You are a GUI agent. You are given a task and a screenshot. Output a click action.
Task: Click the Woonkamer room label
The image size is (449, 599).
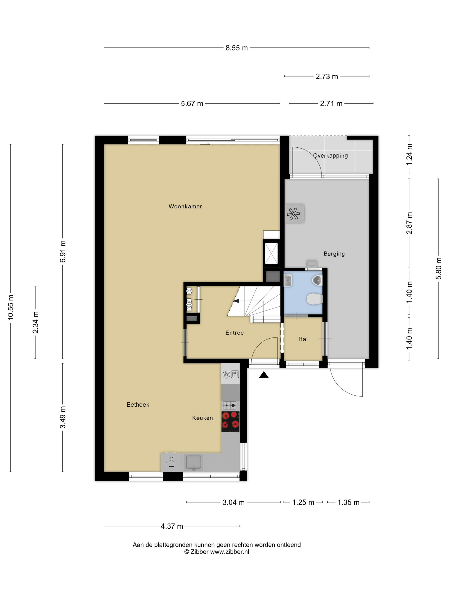(x=185, y=206)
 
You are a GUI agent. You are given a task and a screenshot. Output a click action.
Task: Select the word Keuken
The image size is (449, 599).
(x=202, y=418)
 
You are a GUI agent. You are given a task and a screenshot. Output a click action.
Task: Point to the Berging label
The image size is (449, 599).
(x=334, y=254)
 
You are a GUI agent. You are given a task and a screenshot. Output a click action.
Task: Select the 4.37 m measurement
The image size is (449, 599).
(x=172, y=526)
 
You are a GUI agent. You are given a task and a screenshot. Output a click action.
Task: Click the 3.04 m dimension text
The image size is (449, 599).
(x=233, y=502)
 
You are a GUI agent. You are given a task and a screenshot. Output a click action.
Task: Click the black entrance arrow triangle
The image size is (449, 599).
(x=264, y=375)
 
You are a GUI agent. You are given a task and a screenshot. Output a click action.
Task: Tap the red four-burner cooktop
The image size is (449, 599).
(x=230, y=422)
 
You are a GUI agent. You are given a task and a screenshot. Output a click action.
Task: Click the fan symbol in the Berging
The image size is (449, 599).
(x=293, y=214)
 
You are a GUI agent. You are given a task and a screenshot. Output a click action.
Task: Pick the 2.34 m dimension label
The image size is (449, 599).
(x=35, y=322)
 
